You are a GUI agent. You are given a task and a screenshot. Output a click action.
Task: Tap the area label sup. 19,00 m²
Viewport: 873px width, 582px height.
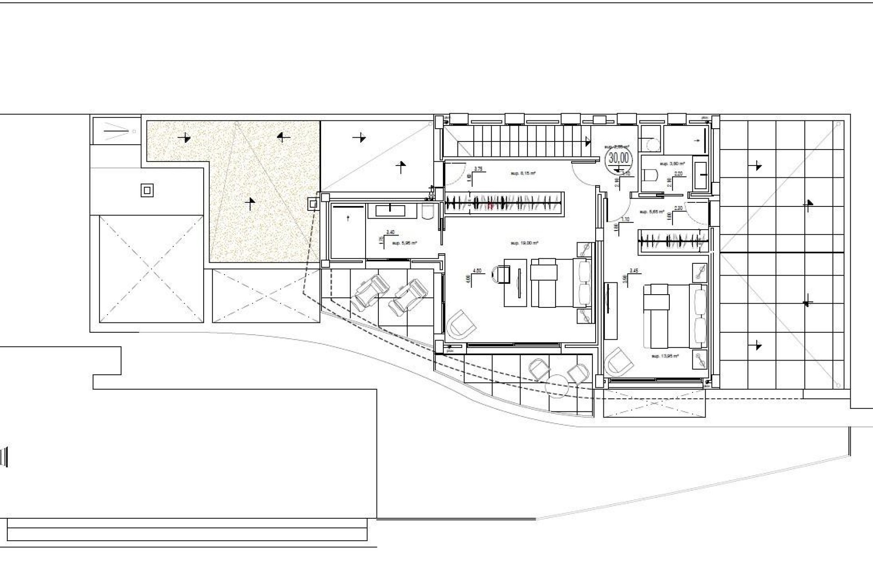(x=524, y=243)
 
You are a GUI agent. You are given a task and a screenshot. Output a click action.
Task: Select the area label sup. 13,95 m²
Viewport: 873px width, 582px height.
(x=665, y=356)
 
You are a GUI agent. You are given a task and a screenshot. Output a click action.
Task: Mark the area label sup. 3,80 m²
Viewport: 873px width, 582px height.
(x=672, y=163)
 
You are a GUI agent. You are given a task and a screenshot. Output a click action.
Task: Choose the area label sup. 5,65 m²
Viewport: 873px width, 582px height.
(x=652, y=212)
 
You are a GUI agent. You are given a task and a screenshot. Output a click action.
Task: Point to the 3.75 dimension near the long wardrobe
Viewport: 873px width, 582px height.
(x=478, y=169)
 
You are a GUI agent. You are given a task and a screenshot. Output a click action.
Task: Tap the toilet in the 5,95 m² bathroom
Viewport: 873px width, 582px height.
(x=429, y=211)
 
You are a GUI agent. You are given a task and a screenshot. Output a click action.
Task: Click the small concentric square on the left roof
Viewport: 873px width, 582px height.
(x=146, y=190)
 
